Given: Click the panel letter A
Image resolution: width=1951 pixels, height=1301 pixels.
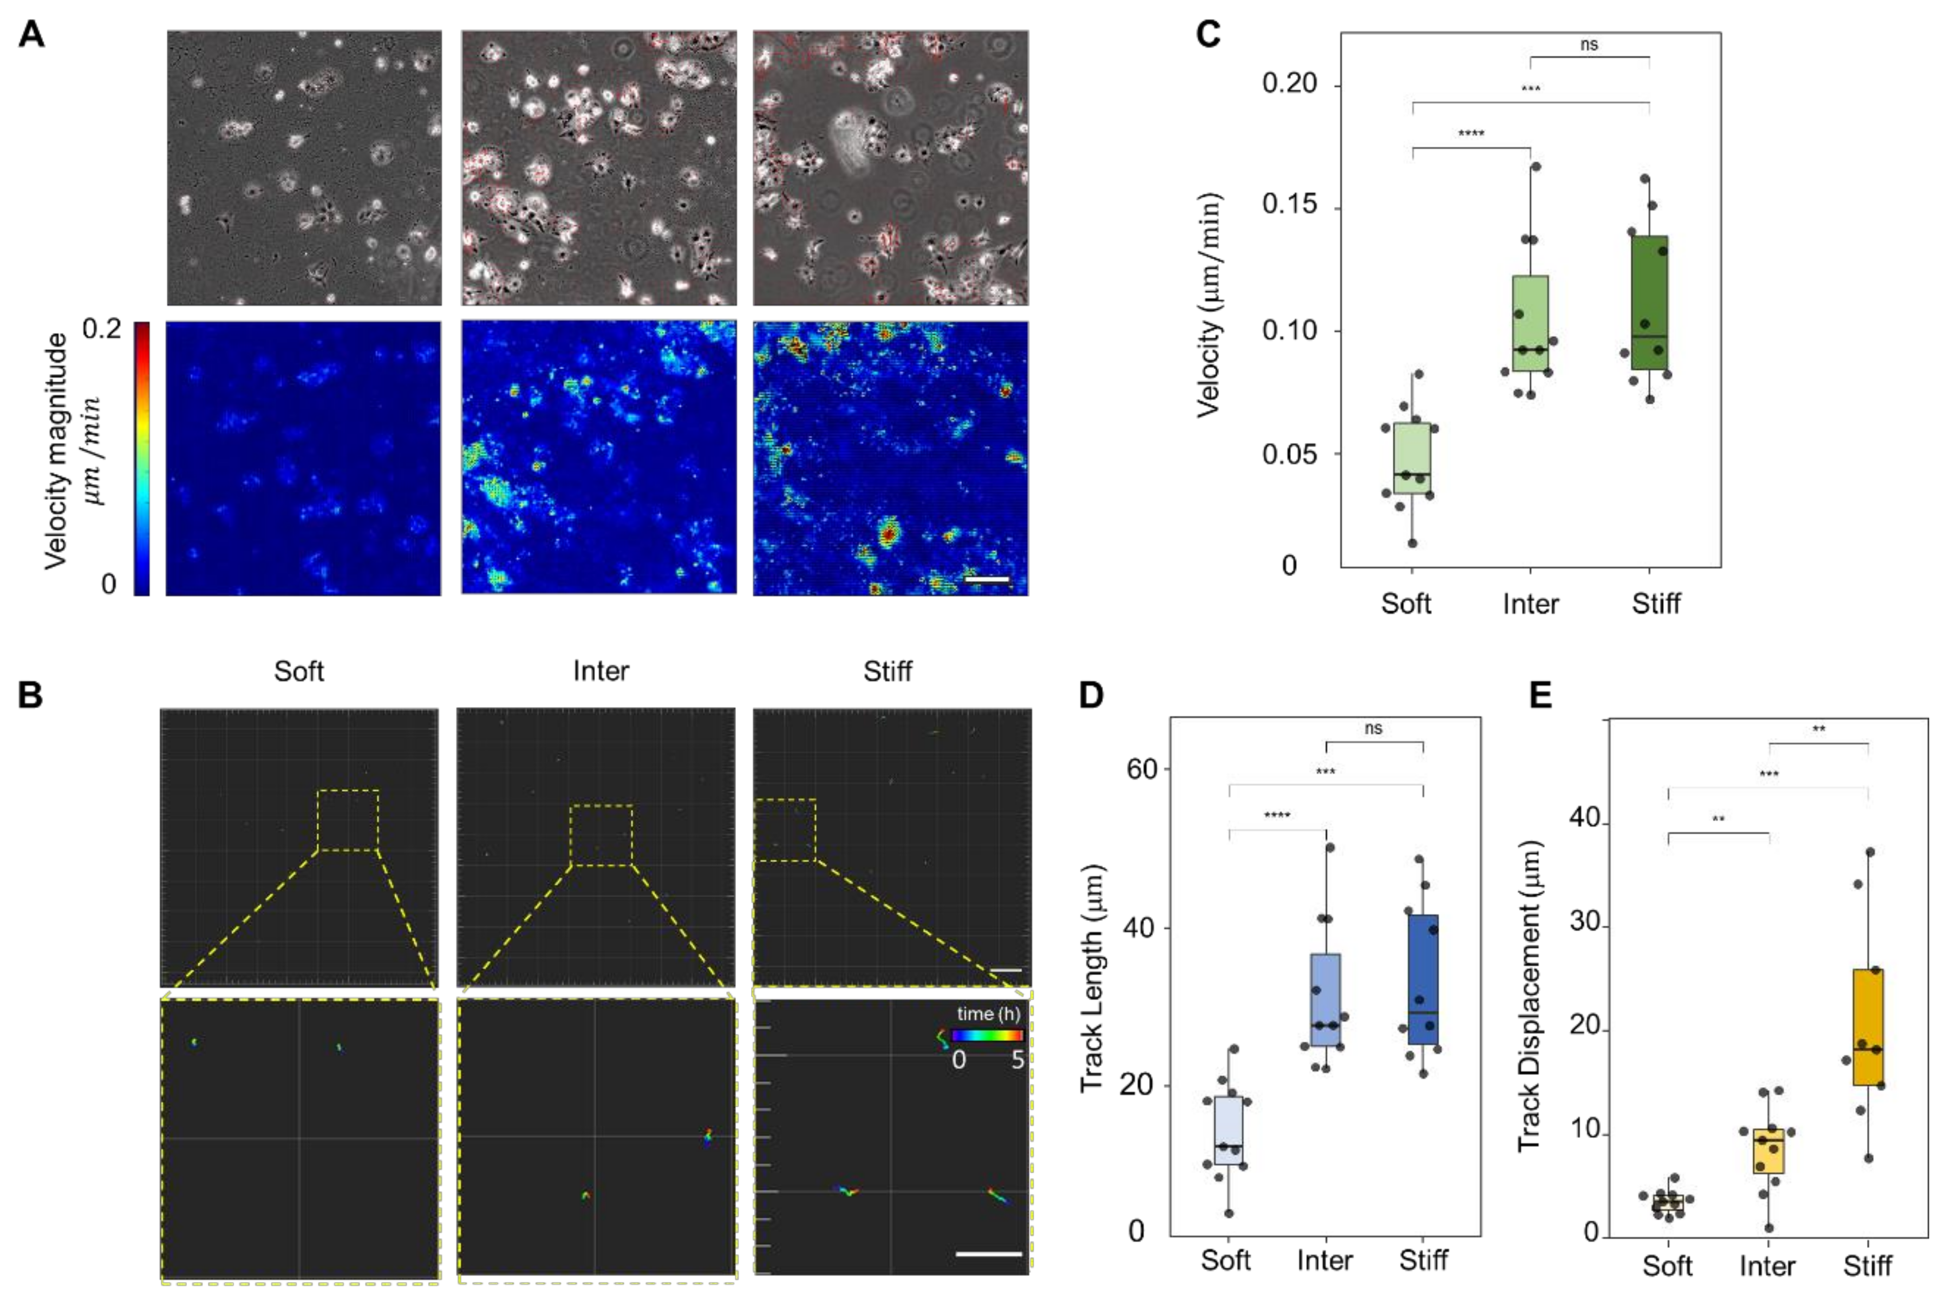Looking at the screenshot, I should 31,35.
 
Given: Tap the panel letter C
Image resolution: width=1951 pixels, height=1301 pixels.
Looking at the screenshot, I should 1208,35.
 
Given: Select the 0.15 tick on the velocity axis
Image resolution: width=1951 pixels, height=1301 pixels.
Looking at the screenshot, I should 1290,205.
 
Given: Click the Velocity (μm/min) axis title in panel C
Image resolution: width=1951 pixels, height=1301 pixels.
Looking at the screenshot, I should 1210,304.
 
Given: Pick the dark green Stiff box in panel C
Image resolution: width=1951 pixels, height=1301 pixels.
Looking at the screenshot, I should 1649,302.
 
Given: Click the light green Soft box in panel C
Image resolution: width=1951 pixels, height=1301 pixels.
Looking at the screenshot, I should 1412,458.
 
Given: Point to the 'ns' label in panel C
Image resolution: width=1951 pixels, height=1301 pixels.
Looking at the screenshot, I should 1588,45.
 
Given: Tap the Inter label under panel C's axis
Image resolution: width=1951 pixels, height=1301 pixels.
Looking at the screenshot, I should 1530,603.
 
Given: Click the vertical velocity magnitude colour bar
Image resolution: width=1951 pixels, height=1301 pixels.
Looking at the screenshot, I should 142,458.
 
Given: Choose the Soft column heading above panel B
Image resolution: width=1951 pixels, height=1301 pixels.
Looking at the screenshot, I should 299,670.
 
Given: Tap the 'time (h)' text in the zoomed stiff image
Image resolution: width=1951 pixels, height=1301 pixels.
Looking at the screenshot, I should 988,1014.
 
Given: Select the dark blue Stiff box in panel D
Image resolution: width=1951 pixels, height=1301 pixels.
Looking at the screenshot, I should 1423,979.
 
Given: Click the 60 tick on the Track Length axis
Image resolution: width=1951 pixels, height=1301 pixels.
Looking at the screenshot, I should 1142,769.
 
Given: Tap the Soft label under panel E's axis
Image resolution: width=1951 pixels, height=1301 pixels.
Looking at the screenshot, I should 1667,1265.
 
